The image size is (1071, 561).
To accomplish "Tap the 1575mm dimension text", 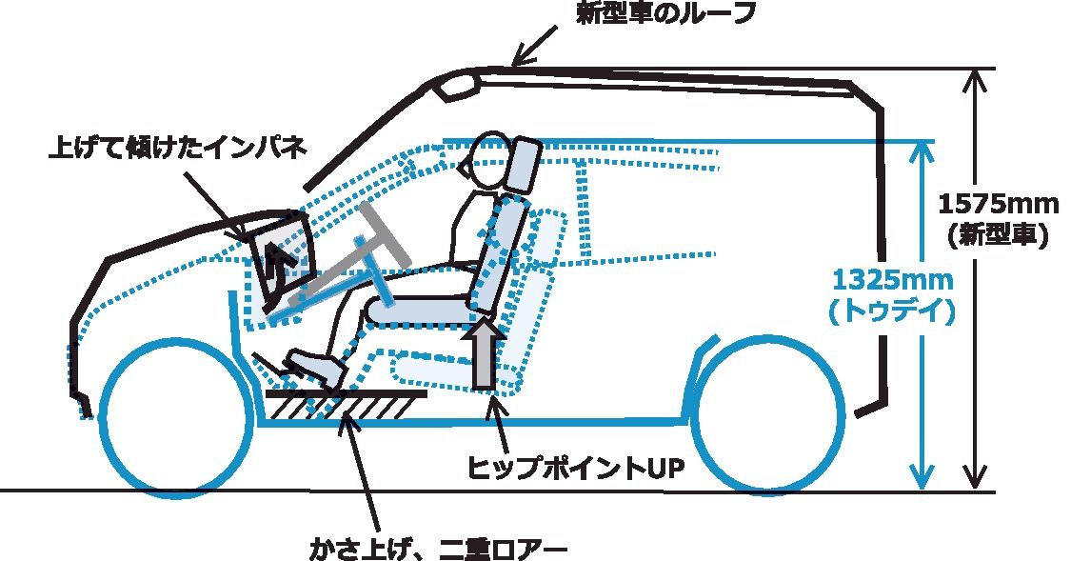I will pyautogui.click(x=998, y=204).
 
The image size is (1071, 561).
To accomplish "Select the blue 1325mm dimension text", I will pyautogui.click(x=892, y=281).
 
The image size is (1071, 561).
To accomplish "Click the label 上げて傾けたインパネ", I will pyautogui.click(x=177, y=150).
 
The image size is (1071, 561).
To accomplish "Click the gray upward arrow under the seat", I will pyautogui.click(x=485, y=354).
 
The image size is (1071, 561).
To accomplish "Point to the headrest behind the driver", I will pyautogui.click(x=525, y=164).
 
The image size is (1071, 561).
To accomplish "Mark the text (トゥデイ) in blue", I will pyautogui.click(x=892, y=312).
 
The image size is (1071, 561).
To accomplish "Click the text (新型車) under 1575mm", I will pyautogui.click(x=998, y=235).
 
